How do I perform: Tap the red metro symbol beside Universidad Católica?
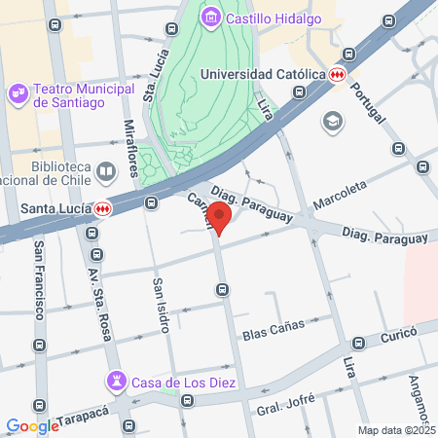337,74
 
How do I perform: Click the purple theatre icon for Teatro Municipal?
17,92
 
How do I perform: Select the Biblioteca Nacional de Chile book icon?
103,173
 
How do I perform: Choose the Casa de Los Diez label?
185,382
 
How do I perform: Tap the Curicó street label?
397,334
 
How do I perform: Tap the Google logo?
32,425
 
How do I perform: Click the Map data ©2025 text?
395,430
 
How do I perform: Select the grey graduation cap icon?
333,122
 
